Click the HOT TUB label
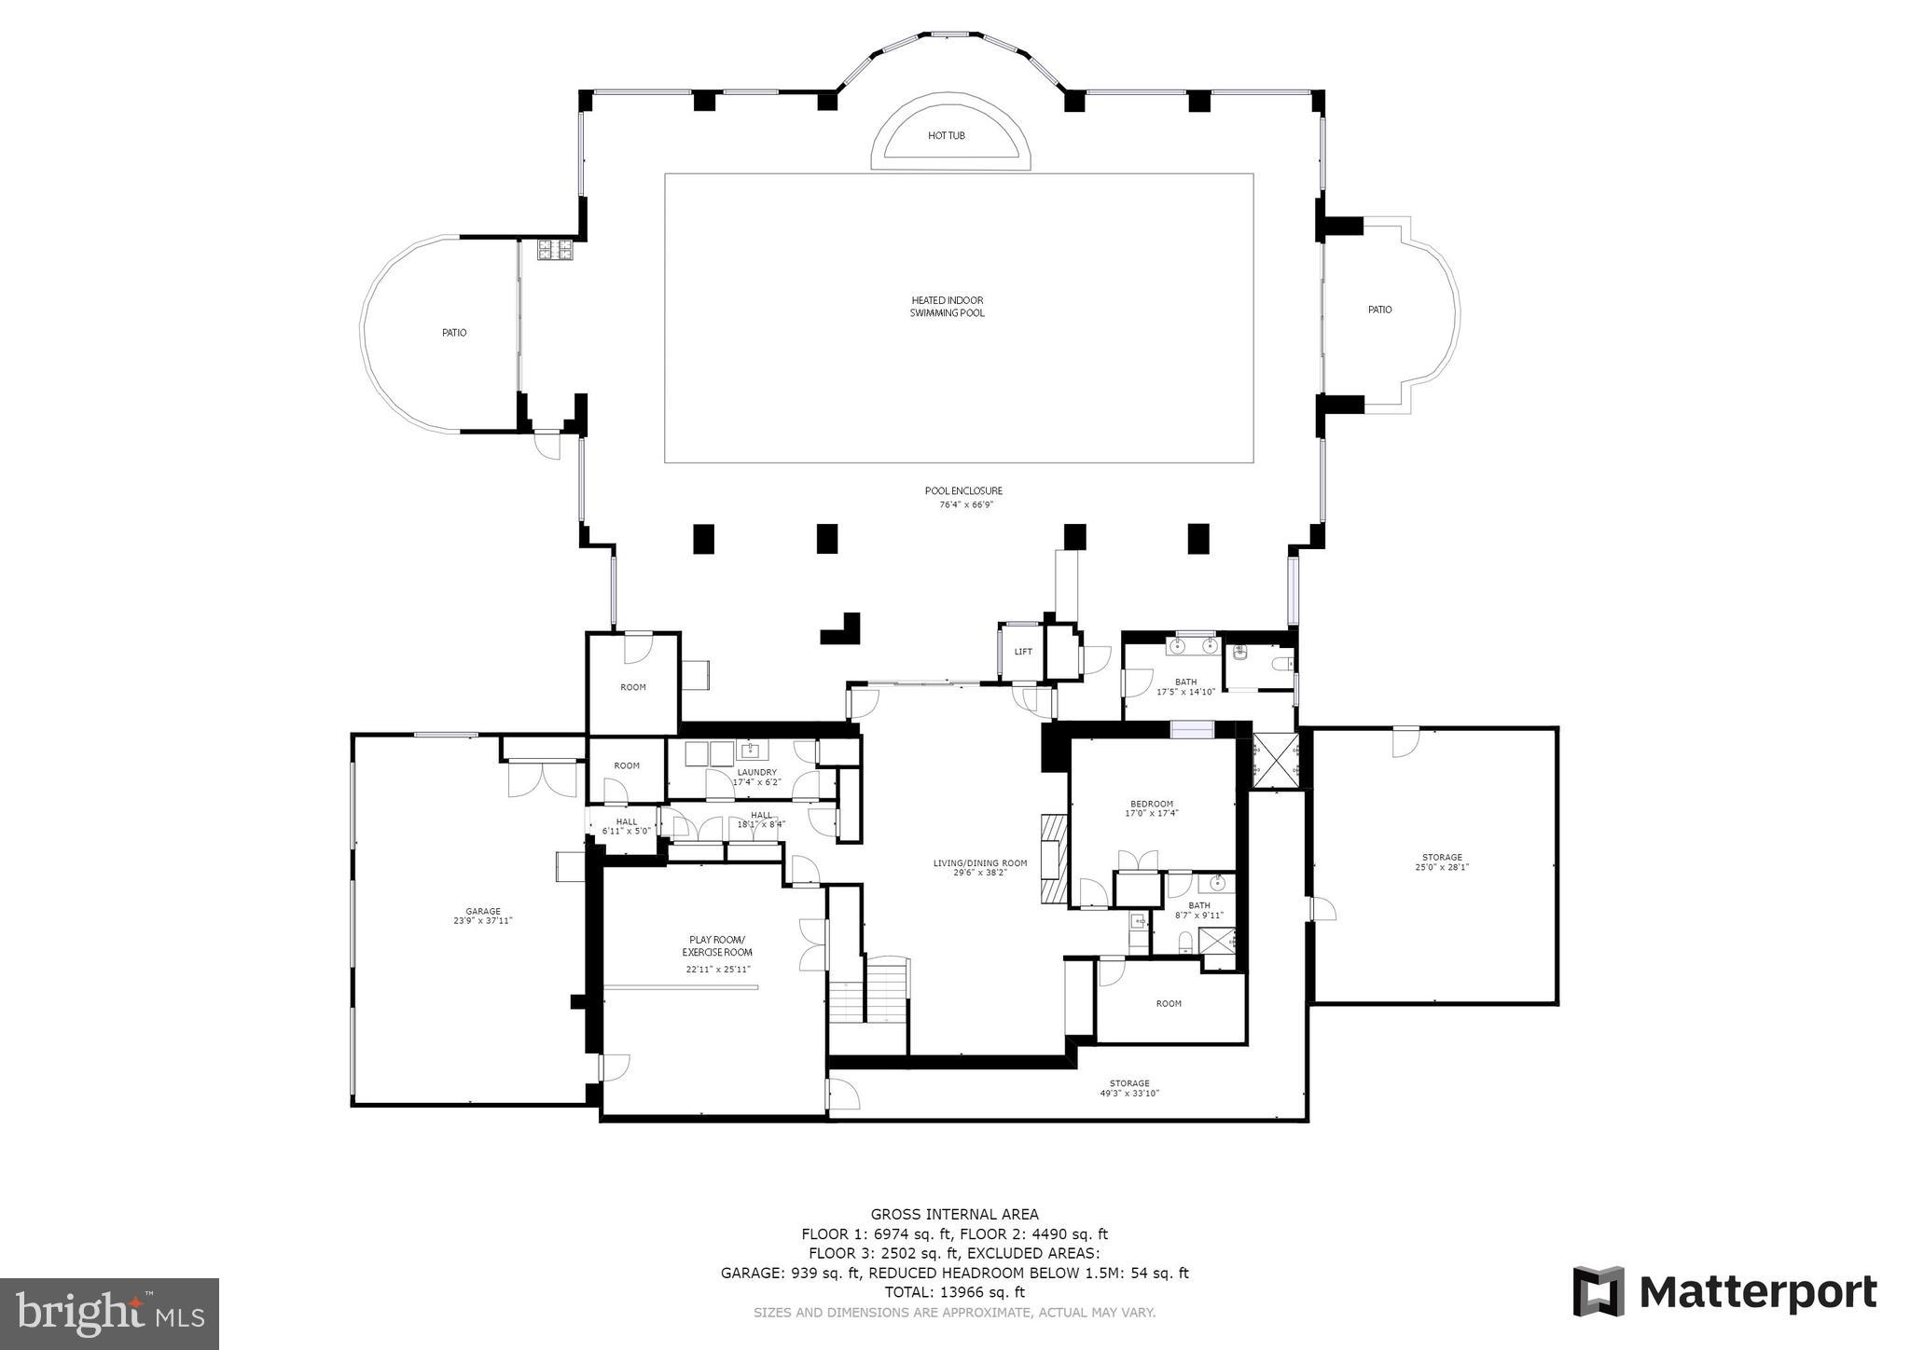click(946, 136)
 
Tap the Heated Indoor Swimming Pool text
click(947, 307)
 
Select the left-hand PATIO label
click(454, 333)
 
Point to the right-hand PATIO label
click(1379, 310)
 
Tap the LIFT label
click(1023, 652)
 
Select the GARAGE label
click(483, 911)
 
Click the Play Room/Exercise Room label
click(716, 946)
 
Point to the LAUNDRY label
click(756, 772)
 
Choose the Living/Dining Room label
click(979, 863)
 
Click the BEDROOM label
click(1151, 804)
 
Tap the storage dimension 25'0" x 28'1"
click(1442, 867)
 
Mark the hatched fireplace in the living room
click(1052, 859)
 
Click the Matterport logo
click(1724, 1291)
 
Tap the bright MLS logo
click(109, 1315)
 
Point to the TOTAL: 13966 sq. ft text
click(954, 1292)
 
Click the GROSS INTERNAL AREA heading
click(954, 1214)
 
